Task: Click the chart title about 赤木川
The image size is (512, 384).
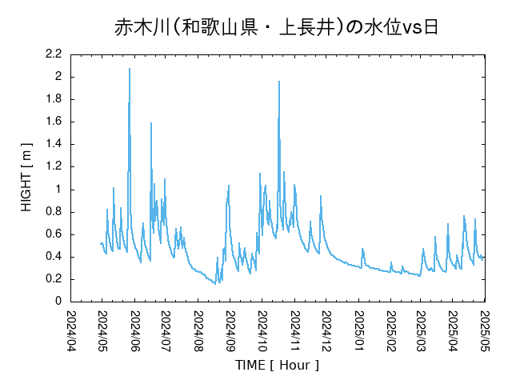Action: [276, 28]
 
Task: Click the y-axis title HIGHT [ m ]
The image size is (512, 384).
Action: [26, 178]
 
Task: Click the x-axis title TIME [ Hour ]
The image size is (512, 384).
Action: [277, 365]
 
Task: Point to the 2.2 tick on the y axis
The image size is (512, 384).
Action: [54, 54]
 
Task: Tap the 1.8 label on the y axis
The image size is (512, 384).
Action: [54, 99]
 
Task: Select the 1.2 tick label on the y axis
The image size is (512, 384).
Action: [54, 166]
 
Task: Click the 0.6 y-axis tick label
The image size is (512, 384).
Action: [54, 234]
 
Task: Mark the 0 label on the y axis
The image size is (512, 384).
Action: [58, 302]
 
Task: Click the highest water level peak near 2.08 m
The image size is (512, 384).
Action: [130, 69]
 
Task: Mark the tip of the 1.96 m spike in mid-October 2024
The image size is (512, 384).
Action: [279, 82]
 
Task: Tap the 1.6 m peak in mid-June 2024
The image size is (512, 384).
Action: [151, 123]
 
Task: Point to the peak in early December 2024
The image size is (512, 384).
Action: [321, 196]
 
